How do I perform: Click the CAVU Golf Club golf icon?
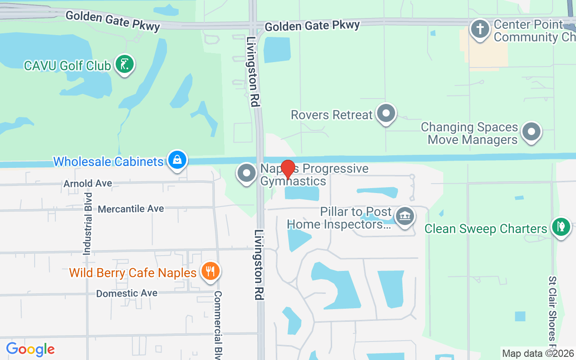[x=125, y=64]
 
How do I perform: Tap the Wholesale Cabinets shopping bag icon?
[x=177, y=160]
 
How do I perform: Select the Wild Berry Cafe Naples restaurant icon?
[x=210, y=271]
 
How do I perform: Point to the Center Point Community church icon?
[x=480, y=29]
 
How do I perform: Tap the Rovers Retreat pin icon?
[x=386, y=113]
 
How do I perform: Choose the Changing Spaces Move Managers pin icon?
[x=531, y=132]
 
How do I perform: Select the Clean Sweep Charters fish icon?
[x=560, y=227]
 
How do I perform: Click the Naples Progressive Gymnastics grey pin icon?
[x=246, y=173]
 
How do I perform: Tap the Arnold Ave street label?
[x=88, y=184]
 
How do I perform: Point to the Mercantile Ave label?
[x=131, y=209]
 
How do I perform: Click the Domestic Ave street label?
[x=126, y=293]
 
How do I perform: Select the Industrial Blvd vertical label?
[x=87, y=224]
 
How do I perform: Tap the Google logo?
[x=30, y=349]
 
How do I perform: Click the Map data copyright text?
[x=538, y=353]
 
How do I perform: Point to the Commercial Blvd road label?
[x=218, y=324]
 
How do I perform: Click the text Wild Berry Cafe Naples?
[x=133, y=273]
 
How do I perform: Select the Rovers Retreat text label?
[x=332, y=115]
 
